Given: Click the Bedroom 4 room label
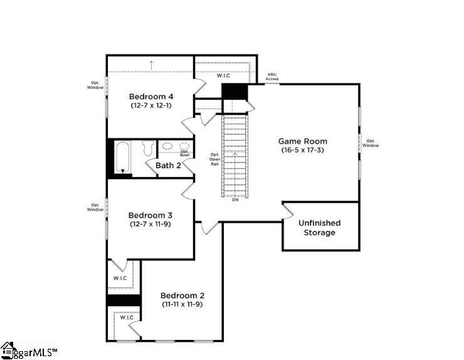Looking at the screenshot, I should coord(151,97).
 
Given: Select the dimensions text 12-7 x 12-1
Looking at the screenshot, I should coord(151,106).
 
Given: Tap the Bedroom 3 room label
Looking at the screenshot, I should coord(151,214).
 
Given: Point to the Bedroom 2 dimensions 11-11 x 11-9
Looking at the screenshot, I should coord(182,304).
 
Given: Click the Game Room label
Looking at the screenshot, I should coord(303,141).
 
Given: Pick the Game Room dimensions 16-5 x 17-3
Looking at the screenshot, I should coord(303,151).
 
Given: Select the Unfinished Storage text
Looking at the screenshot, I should coord(319,228).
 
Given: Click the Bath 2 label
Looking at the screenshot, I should coord(168,166).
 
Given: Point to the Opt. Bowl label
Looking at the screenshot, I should coord(185,152).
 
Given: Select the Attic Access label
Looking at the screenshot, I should coord(272,77).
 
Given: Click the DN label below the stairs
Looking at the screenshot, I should coord(235,200).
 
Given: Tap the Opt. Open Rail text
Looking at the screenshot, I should coord(214,160).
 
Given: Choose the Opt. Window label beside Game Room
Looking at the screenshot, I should coord(372,143).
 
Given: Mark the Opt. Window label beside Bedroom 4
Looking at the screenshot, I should coord(95,85).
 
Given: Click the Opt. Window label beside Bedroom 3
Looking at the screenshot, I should coord(95,207).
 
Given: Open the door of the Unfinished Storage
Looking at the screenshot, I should coord(288,211).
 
